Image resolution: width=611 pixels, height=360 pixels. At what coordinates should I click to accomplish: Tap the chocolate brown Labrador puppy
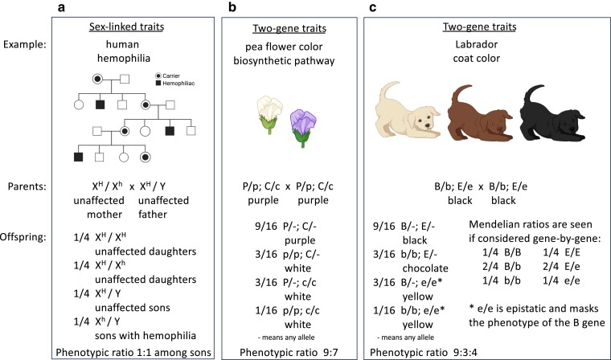click(x=475, y=117)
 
